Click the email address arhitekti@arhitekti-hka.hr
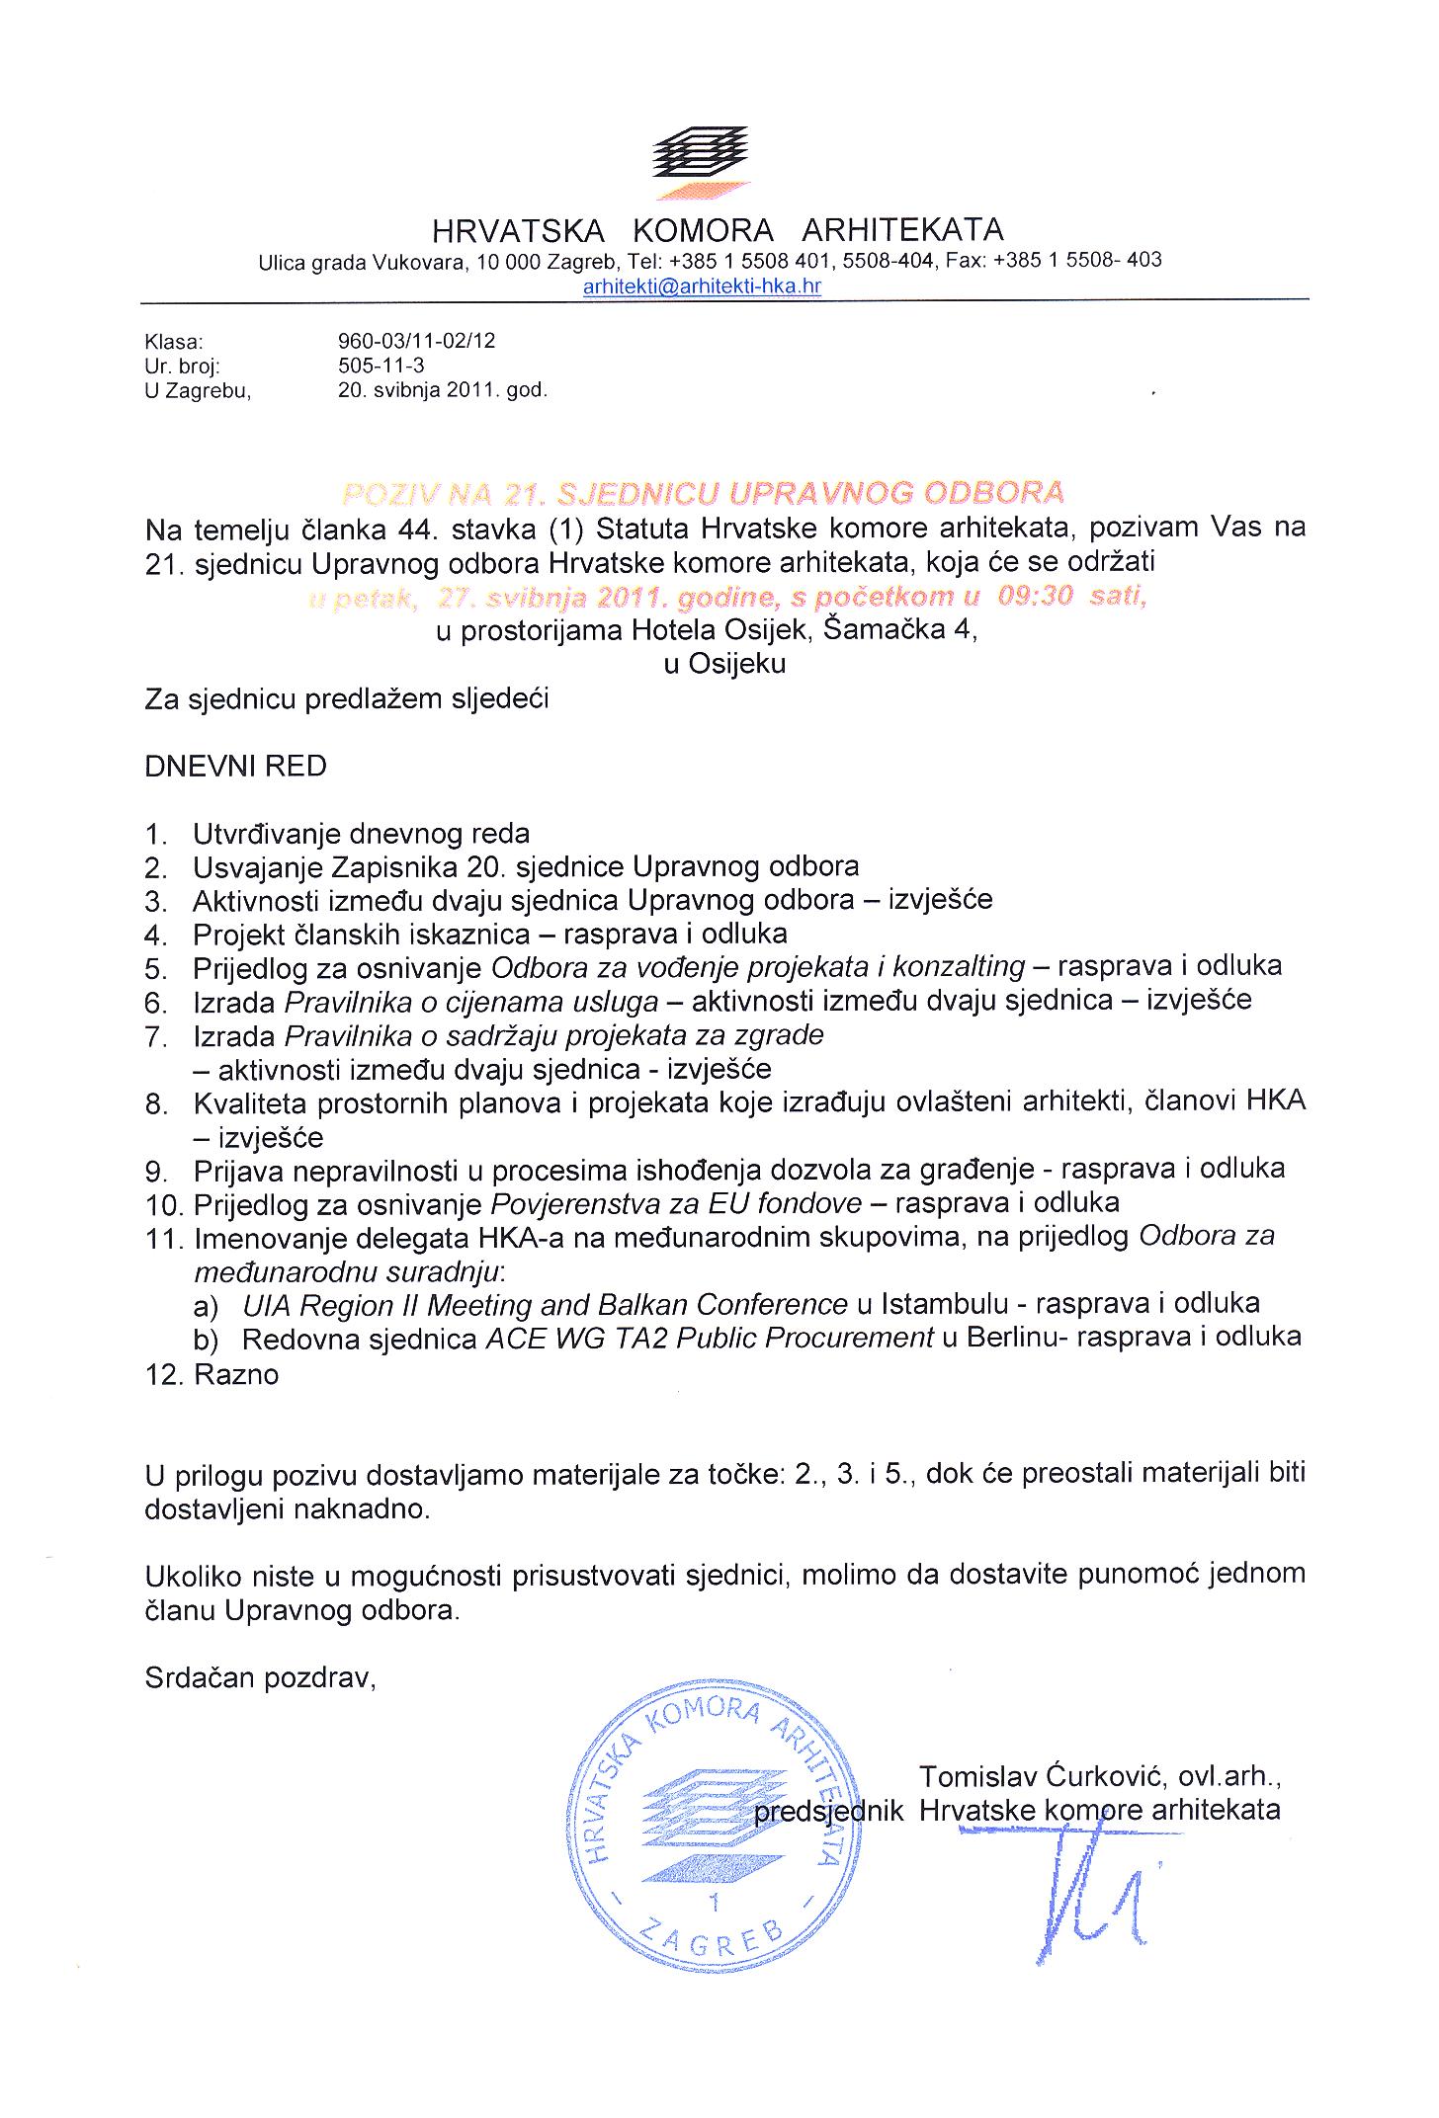point(703,286)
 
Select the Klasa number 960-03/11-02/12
point(416,341)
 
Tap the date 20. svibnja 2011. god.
point(442,389)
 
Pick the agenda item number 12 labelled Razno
point(236,1374)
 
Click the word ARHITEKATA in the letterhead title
point(901,230)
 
